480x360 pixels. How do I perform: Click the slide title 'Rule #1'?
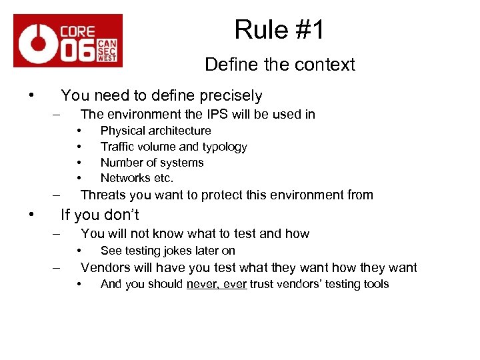pos(279,29)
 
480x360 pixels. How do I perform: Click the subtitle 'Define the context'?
pos(280,65)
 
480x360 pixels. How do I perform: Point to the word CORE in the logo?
pos(77,31)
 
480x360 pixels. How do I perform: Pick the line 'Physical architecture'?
pos(155,131)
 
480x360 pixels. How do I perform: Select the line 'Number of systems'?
pos(152,163)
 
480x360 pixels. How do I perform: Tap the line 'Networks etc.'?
pos(137,178)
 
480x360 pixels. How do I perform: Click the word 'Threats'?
pos(103,195)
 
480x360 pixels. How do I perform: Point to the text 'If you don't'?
pos(100,215)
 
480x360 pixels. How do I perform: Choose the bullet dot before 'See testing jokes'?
pos(79,250)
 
